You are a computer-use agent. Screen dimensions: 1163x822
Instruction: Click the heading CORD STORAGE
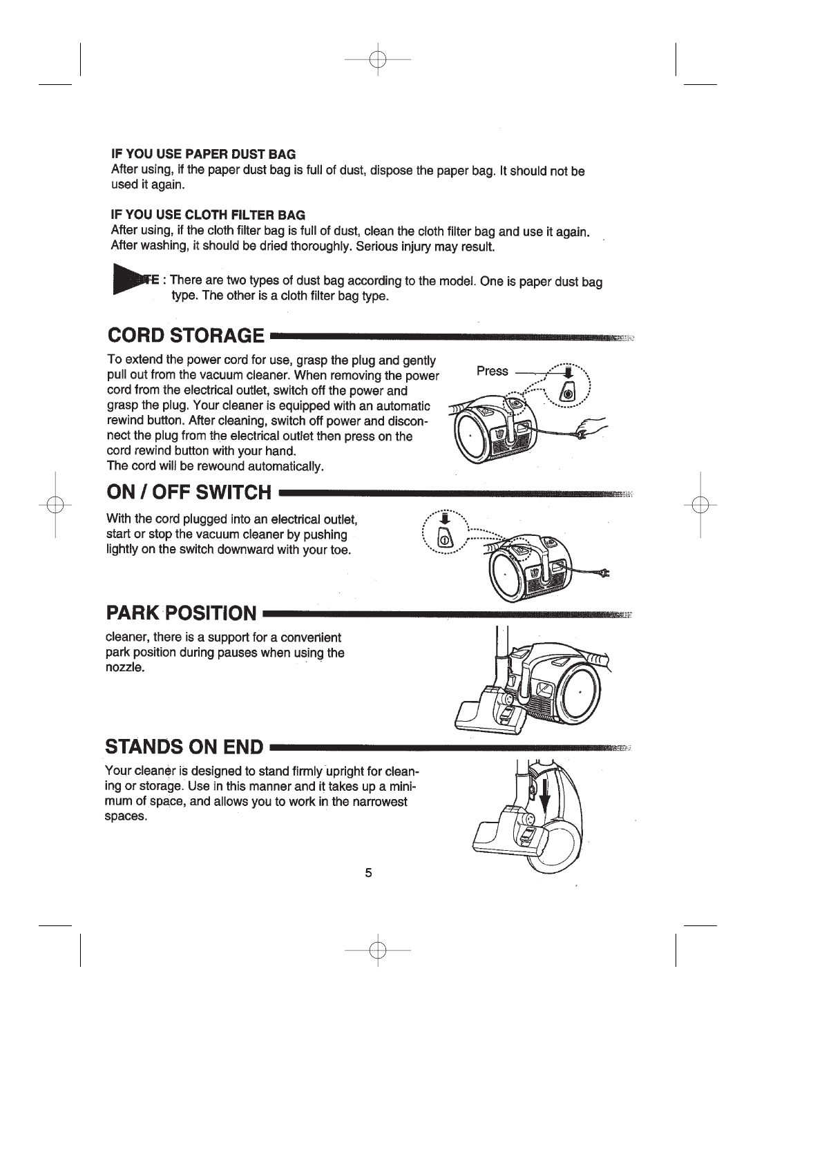186,336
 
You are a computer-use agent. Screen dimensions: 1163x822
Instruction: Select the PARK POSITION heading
181,613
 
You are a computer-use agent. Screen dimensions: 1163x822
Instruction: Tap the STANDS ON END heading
184,747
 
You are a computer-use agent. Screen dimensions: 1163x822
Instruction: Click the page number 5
368,873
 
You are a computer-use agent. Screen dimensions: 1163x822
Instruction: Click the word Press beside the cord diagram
492,371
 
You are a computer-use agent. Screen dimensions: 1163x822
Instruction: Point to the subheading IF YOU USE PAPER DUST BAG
203,153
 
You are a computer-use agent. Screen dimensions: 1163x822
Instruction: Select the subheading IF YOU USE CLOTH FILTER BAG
208,215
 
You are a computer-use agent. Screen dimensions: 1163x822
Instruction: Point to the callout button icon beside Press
568,391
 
